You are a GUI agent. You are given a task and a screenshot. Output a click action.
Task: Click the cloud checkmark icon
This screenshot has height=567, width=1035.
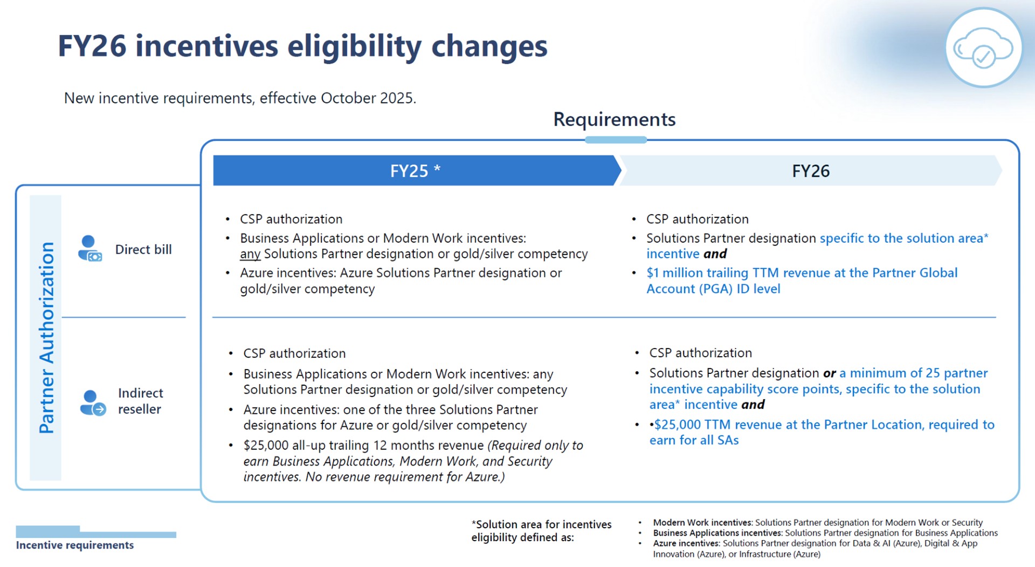983,48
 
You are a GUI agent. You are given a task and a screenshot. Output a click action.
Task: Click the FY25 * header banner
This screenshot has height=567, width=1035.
415,171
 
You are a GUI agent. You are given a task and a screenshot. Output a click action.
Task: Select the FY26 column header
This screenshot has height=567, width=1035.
810,171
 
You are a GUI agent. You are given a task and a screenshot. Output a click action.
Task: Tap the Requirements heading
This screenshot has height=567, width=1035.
614,119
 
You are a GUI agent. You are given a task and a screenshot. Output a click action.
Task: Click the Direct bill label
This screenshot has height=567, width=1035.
143,250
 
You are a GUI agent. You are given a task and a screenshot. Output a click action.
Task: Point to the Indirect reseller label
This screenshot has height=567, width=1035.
140,401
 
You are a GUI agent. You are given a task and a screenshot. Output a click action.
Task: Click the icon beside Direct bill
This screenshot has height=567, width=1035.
89,249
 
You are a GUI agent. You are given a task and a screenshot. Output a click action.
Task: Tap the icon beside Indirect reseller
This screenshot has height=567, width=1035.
92,403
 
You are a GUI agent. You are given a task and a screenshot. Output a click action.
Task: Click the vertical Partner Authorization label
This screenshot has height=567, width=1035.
46,338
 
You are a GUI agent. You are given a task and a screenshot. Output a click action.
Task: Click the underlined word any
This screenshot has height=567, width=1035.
250,254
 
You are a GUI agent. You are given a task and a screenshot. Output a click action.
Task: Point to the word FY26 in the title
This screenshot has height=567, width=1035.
92,46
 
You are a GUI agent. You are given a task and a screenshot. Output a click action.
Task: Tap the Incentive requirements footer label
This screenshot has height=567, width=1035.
75,545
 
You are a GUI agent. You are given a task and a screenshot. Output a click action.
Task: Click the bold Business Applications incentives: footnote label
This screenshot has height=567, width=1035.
717,533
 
